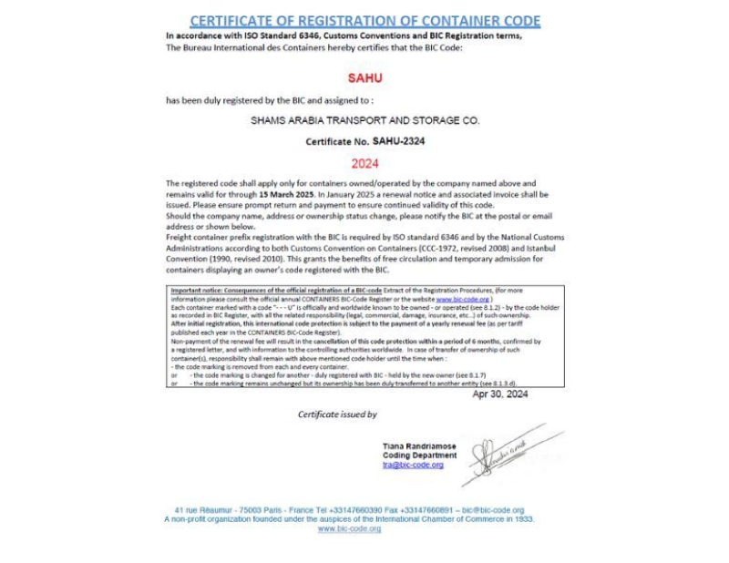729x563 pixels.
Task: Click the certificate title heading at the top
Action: click(364, 21)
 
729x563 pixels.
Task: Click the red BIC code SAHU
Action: click(364, 78)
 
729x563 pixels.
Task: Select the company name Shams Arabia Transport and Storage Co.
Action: click(364, 120)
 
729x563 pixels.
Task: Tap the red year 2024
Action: click(364, 164)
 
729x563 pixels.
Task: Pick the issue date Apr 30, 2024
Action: click(499, 394)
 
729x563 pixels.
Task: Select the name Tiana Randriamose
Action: click(419, 446)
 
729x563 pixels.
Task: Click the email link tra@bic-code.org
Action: click(413, 465)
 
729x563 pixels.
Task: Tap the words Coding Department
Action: click(419, 456)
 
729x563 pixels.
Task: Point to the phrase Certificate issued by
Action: click(337, 415)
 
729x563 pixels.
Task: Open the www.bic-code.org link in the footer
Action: click(349, 528)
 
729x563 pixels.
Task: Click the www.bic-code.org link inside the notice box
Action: click(462, 299)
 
